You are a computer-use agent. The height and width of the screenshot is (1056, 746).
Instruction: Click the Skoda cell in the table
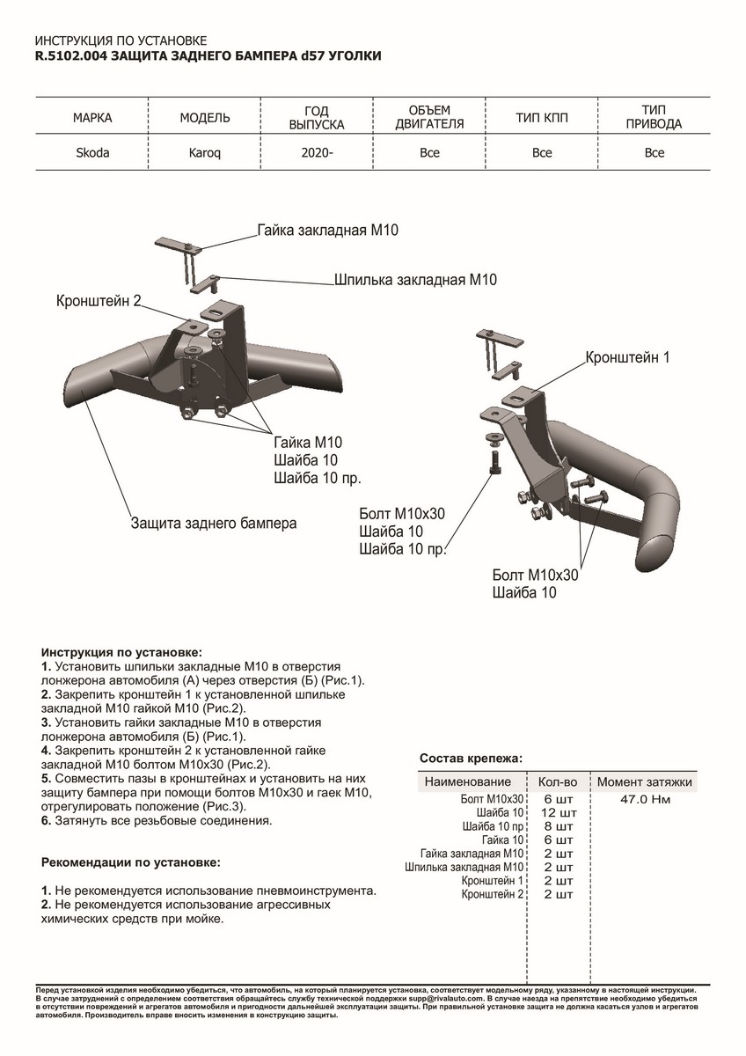(x=92, y=153)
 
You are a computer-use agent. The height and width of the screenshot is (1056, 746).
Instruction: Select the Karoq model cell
(x=204, y=153)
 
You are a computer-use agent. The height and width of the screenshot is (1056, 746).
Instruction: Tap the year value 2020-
(x=318, y=153)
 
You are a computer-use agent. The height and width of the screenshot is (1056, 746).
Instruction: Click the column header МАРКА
(x=92, y=118)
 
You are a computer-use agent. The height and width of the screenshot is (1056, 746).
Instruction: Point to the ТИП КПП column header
(x=542, y=118)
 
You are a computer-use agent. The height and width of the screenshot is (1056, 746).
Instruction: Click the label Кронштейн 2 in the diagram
(x=99, y=301)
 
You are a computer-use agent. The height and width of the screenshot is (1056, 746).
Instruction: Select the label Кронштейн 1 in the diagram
(x=627, y=358)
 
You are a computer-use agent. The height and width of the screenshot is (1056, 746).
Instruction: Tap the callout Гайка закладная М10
(x=328, y=231)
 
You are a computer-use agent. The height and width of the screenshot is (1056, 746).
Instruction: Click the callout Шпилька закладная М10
(x=415, y=281)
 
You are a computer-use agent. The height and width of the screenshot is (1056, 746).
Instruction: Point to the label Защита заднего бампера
(x=214, y=523)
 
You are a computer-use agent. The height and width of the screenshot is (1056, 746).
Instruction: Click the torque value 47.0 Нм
(x=645, y=799)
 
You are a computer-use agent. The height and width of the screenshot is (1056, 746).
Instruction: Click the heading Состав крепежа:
(x=471, y=758)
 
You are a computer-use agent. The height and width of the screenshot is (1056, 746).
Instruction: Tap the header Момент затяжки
(x=645, y=781)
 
